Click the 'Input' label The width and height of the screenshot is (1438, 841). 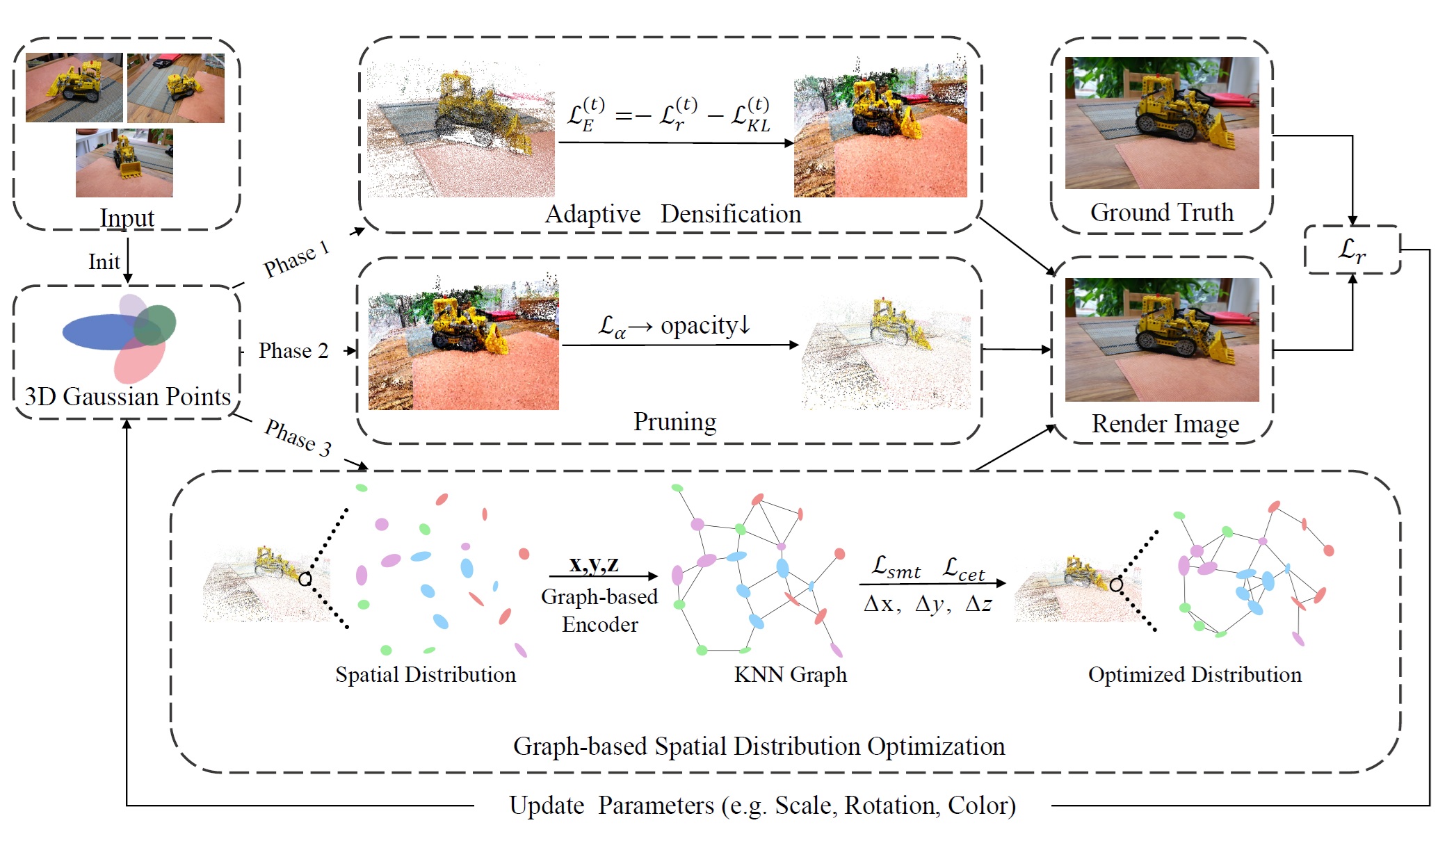127,218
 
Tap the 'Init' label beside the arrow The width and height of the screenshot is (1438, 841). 104,262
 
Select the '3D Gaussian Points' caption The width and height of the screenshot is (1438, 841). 127,396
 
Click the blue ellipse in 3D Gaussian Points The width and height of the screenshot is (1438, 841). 97,332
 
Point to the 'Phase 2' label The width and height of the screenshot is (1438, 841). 293,350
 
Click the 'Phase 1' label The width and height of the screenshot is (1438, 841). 296,259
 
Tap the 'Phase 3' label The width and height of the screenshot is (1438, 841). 298,437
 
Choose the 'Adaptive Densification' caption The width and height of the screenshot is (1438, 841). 672,213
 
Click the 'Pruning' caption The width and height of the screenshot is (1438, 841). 674,421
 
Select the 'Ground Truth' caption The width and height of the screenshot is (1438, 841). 1161,212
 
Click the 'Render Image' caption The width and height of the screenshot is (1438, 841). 1165,423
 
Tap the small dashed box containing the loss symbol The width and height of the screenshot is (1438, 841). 1352,250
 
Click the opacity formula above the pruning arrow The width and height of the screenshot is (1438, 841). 674,325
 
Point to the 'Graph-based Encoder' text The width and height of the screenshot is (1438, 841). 599,610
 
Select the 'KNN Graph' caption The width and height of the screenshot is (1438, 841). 790,674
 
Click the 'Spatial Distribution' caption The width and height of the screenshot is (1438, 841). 426,674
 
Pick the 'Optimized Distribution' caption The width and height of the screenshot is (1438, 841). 1195,674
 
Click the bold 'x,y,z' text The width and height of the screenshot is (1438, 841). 594,564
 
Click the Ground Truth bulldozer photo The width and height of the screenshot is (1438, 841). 1161,123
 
